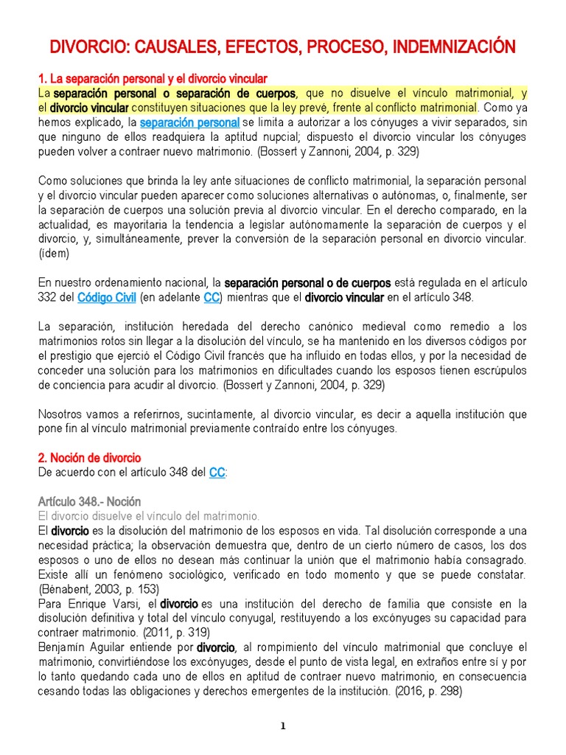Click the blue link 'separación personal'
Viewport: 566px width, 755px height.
[189, 122]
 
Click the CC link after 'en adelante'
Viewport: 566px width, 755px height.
[211, 298]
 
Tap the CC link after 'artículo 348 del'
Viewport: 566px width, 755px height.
[217, 473]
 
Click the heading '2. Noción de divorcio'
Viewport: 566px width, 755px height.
[89, 458]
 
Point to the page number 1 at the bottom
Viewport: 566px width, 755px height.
[283, 726]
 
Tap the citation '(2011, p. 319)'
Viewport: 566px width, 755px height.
[172, 633]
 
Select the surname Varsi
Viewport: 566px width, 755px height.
[127, 603]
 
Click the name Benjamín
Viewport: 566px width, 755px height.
[64, 647]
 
